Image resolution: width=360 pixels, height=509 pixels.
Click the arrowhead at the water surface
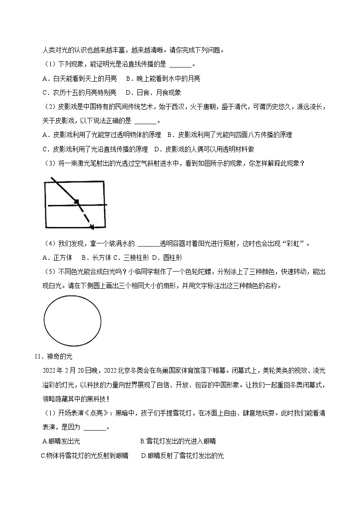[x=77, y=201]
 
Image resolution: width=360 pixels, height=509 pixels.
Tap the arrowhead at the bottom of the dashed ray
[x=92, y=227]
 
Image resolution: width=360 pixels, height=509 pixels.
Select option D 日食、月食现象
[x=153, y=92]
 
